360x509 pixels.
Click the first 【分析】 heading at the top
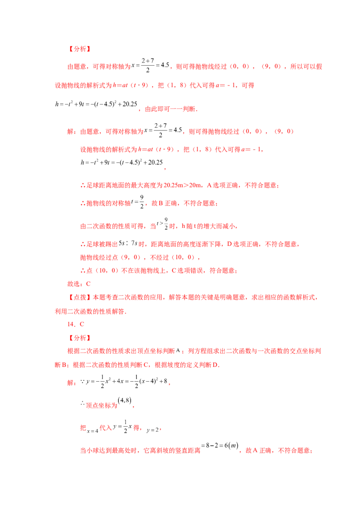(x=79, y=49)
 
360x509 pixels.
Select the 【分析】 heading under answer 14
(x=79, y=338)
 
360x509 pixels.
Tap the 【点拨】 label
(x=79, y=297)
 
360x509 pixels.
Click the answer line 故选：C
(x=79, y=284)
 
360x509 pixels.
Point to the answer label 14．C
(x=76, y=324)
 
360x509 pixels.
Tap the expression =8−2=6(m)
(x=220, y=446)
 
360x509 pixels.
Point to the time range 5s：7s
(x=128, y=243)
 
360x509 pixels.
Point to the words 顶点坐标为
(x=101, y=406)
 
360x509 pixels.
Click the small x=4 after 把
(x=93, y=431)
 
